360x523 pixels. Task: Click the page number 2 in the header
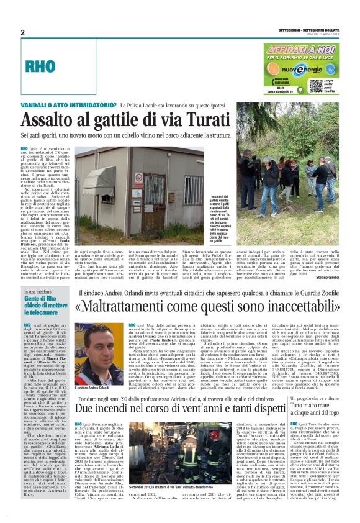coord(23,32)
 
